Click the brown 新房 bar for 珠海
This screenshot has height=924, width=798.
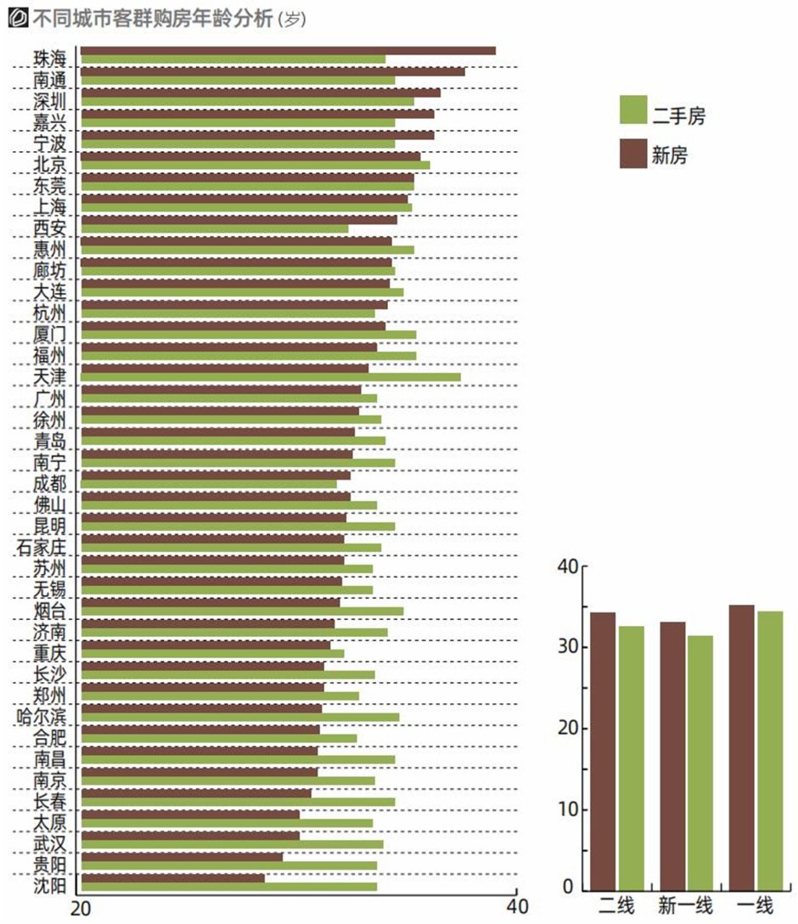(x=288, y=50)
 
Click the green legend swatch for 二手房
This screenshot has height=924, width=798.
(x=633, y=110)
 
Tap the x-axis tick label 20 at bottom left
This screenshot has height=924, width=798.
(x=80, y=907)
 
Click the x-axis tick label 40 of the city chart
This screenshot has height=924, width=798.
(x=516, y=907)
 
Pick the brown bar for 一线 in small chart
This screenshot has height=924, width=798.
(x=741, y=747)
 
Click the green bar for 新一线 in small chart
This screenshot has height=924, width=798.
(x=700, y=763)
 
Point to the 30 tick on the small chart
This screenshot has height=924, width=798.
(x=568, y=647)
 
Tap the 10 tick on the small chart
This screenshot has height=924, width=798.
(x=568, y=809)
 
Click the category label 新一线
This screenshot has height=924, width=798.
(x=686, y=905)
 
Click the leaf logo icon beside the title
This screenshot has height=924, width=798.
(x=15, y=17)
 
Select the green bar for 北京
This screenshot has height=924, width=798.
(x=255, y=165)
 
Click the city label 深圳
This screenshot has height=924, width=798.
(x=49, y=100)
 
